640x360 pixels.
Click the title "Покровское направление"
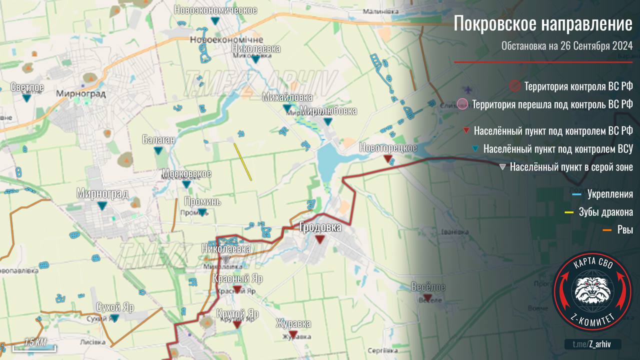click(543, 24)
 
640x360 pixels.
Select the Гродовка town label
click(320, 227)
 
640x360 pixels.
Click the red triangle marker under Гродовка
click(320, 240)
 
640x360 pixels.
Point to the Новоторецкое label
click(388, 148)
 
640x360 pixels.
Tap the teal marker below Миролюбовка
click(327, 121)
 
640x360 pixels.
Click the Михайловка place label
click(287, 97)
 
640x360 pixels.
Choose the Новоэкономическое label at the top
click(215, 10)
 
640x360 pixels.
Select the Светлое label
click(27, 87)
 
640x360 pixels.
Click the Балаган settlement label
click(158, 139)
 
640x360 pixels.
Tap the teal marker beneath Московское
click(186, 184)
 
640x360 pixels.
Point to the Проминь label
click(202, 202)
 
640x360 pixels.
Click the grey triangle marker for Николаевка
click(226, 260)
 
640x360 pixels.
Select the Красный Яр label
click(237, 278)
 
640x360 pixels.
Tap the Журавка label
click(293, 324)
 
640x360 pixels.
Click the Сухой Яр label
click(115, 307)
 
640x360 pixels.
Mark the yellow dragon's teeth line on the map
click(243, 161)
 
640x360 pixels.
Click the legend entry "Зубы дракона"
click(606, 212)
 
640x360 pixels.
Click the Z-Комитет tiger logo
click(592, 290)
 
